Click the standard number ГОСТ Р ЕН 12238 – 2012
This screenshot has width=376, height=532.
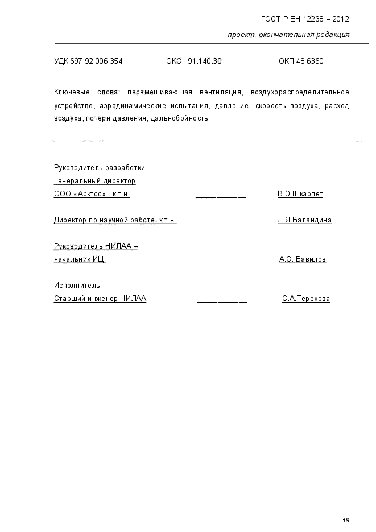click(304, 19)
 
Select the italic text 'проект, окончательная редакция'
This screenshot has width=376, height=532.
click(288, 35)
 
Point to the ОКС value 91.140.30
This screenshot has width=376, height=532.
click(204, 61)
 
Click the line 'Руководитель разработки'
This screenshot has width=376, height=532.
click(100, 168)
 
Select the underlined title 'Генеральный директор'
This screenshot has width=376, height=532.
click(94, 181)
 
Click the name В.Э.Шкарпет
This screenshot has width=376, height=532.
click(300, 194)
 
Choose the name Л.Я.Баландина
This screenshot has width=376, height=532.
click(304, 220)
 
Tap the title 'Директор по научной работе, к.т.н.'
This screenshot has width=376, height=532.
click(115, 220)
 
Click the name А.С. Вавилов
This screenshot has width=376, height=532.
click(302, 259)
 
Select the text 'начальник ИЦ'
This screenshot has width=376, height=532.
click(80, 259)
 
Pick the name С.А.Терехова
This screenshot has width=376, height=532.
click(305, 299)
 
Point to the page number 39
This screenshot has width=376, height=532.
click(346, 520)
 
